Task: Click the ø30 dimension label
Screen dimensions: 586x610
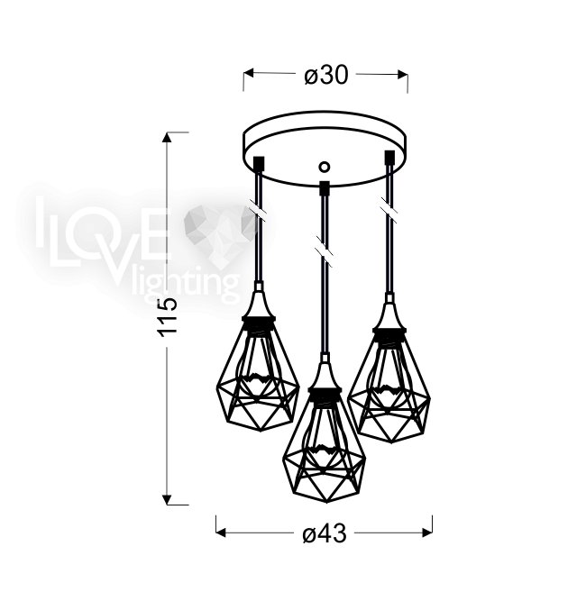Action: coord(325,76)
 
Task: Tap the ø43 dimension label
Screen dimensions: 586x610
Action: coord(325,533)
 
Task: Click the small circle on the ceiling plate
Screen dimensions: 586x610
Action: coord(324,167)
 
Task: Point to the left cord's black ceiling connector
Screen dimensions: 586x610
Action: coord(260,162)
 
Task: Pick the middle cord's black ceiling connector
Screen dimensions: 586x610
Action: coord(325,188)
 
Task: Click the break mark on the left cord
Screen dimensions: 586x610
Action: coord(258,213)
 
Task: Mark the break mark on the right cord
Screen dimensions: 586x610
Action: coord(389,210)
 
